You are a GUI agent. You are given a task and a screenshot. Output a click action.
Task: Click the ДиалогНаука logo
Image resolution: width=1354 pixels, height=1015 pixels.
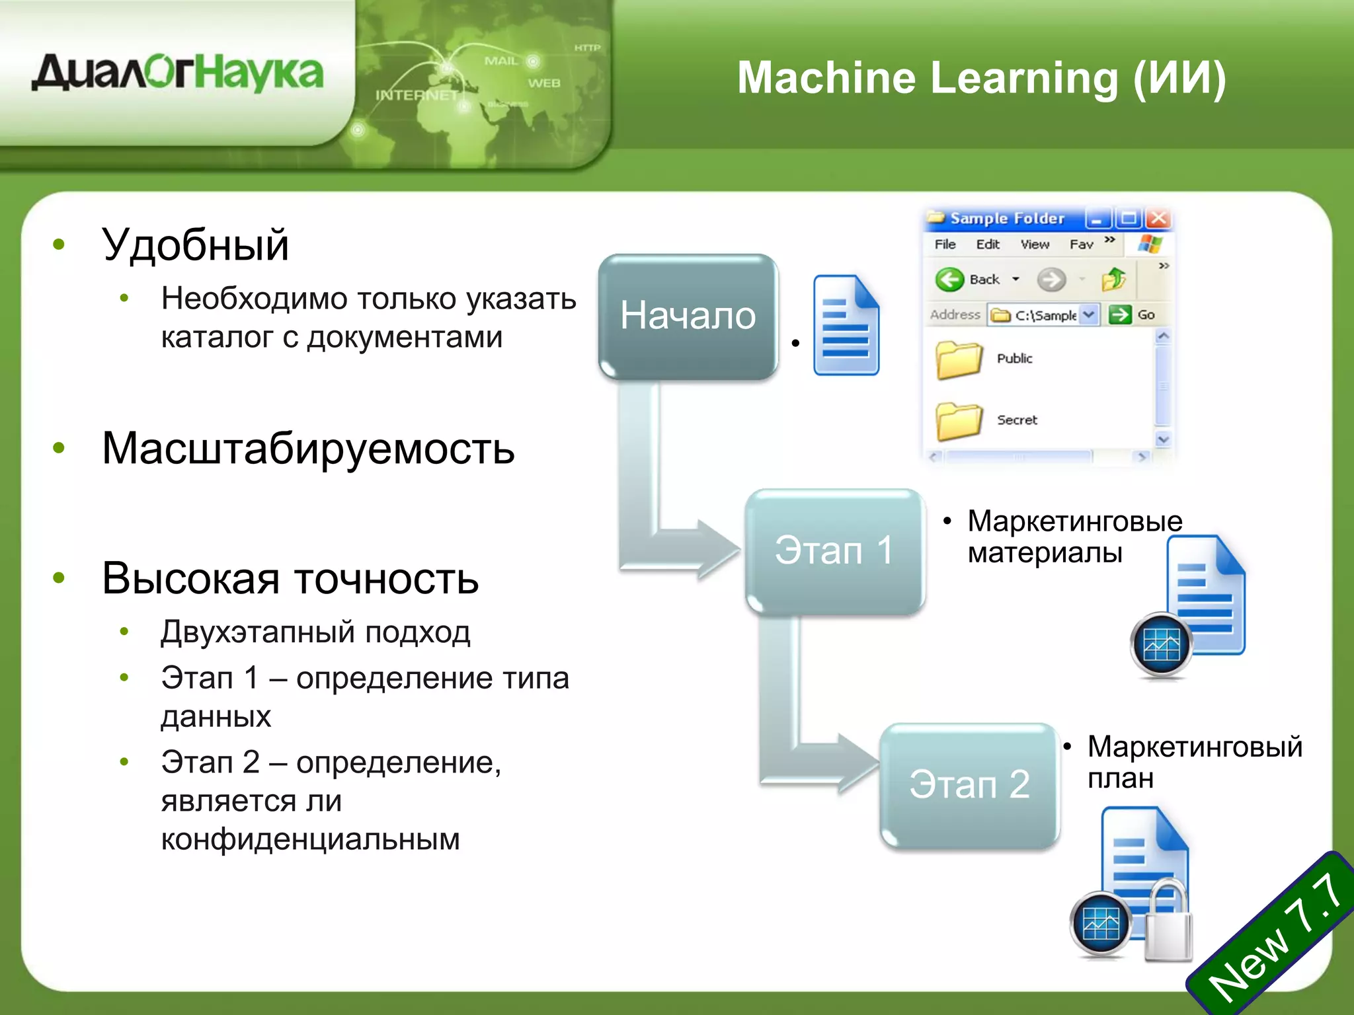(x=177, y=73)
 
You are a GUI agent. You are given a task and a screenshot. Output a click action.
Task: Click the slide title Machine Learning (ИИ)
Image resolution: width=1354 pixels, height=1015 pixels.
(x=981, y=78)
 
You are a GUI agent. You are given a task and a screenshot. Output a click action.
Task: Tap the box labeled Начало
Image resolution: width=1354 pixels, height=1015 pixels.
(x=688, y=316)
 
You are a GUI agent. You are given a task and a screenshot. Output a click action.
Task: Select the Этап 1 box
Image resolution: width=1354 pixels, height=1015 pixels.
(x=834, y=550)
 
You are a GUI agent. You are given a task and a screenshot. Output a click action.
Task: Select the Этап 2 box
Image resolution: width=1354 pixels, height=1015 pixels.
(x=969, y=785)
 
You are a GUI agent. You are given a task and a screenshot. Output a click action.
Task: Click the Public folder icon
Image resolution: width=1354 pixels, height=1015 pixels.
(x=958, y=359)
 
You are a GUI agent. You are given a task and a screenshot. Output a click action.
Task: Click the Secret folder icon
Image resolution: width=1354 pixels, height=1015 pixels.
(x=958, y=420)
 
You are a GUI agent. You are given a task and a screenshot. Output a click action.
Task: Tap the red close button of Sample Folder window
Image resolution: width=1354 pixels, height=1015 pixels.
(x=1158, y=218)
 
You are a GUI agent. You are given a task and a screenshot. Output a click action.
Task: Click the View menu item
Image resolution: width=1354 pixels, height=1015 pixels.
(x=1034, y=244)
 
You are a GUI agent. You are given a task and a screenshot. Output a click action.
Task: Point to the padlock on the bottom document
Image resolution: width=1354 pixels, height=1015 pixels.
(x=1168, y=922)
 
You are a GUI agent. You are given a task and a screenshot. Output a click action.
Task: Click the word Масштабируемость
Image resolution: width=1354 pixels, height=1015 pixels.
(x=308, y=449)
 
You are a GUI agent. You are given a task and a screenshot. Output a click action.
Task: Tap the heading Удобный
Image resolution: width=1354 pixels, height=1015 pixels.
(x=195, y=245)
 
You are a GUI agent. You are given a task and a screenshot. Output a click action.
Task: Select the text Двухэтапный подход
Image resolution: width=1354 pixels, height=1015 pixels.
(x=315, y=632)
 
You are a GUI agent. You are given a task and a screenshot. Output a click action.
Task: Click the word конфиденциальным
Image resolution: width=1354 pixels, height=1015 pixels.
(x=310, y=839)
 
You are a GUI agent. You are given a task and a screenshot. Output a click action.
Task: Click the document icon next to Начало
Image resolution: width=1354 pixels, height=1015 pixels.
(x=846, y=325)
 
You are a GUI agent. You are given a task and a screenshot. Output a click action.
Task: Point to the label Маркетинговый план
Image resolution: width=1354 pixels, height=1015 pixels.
(x=1193, y=762)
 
